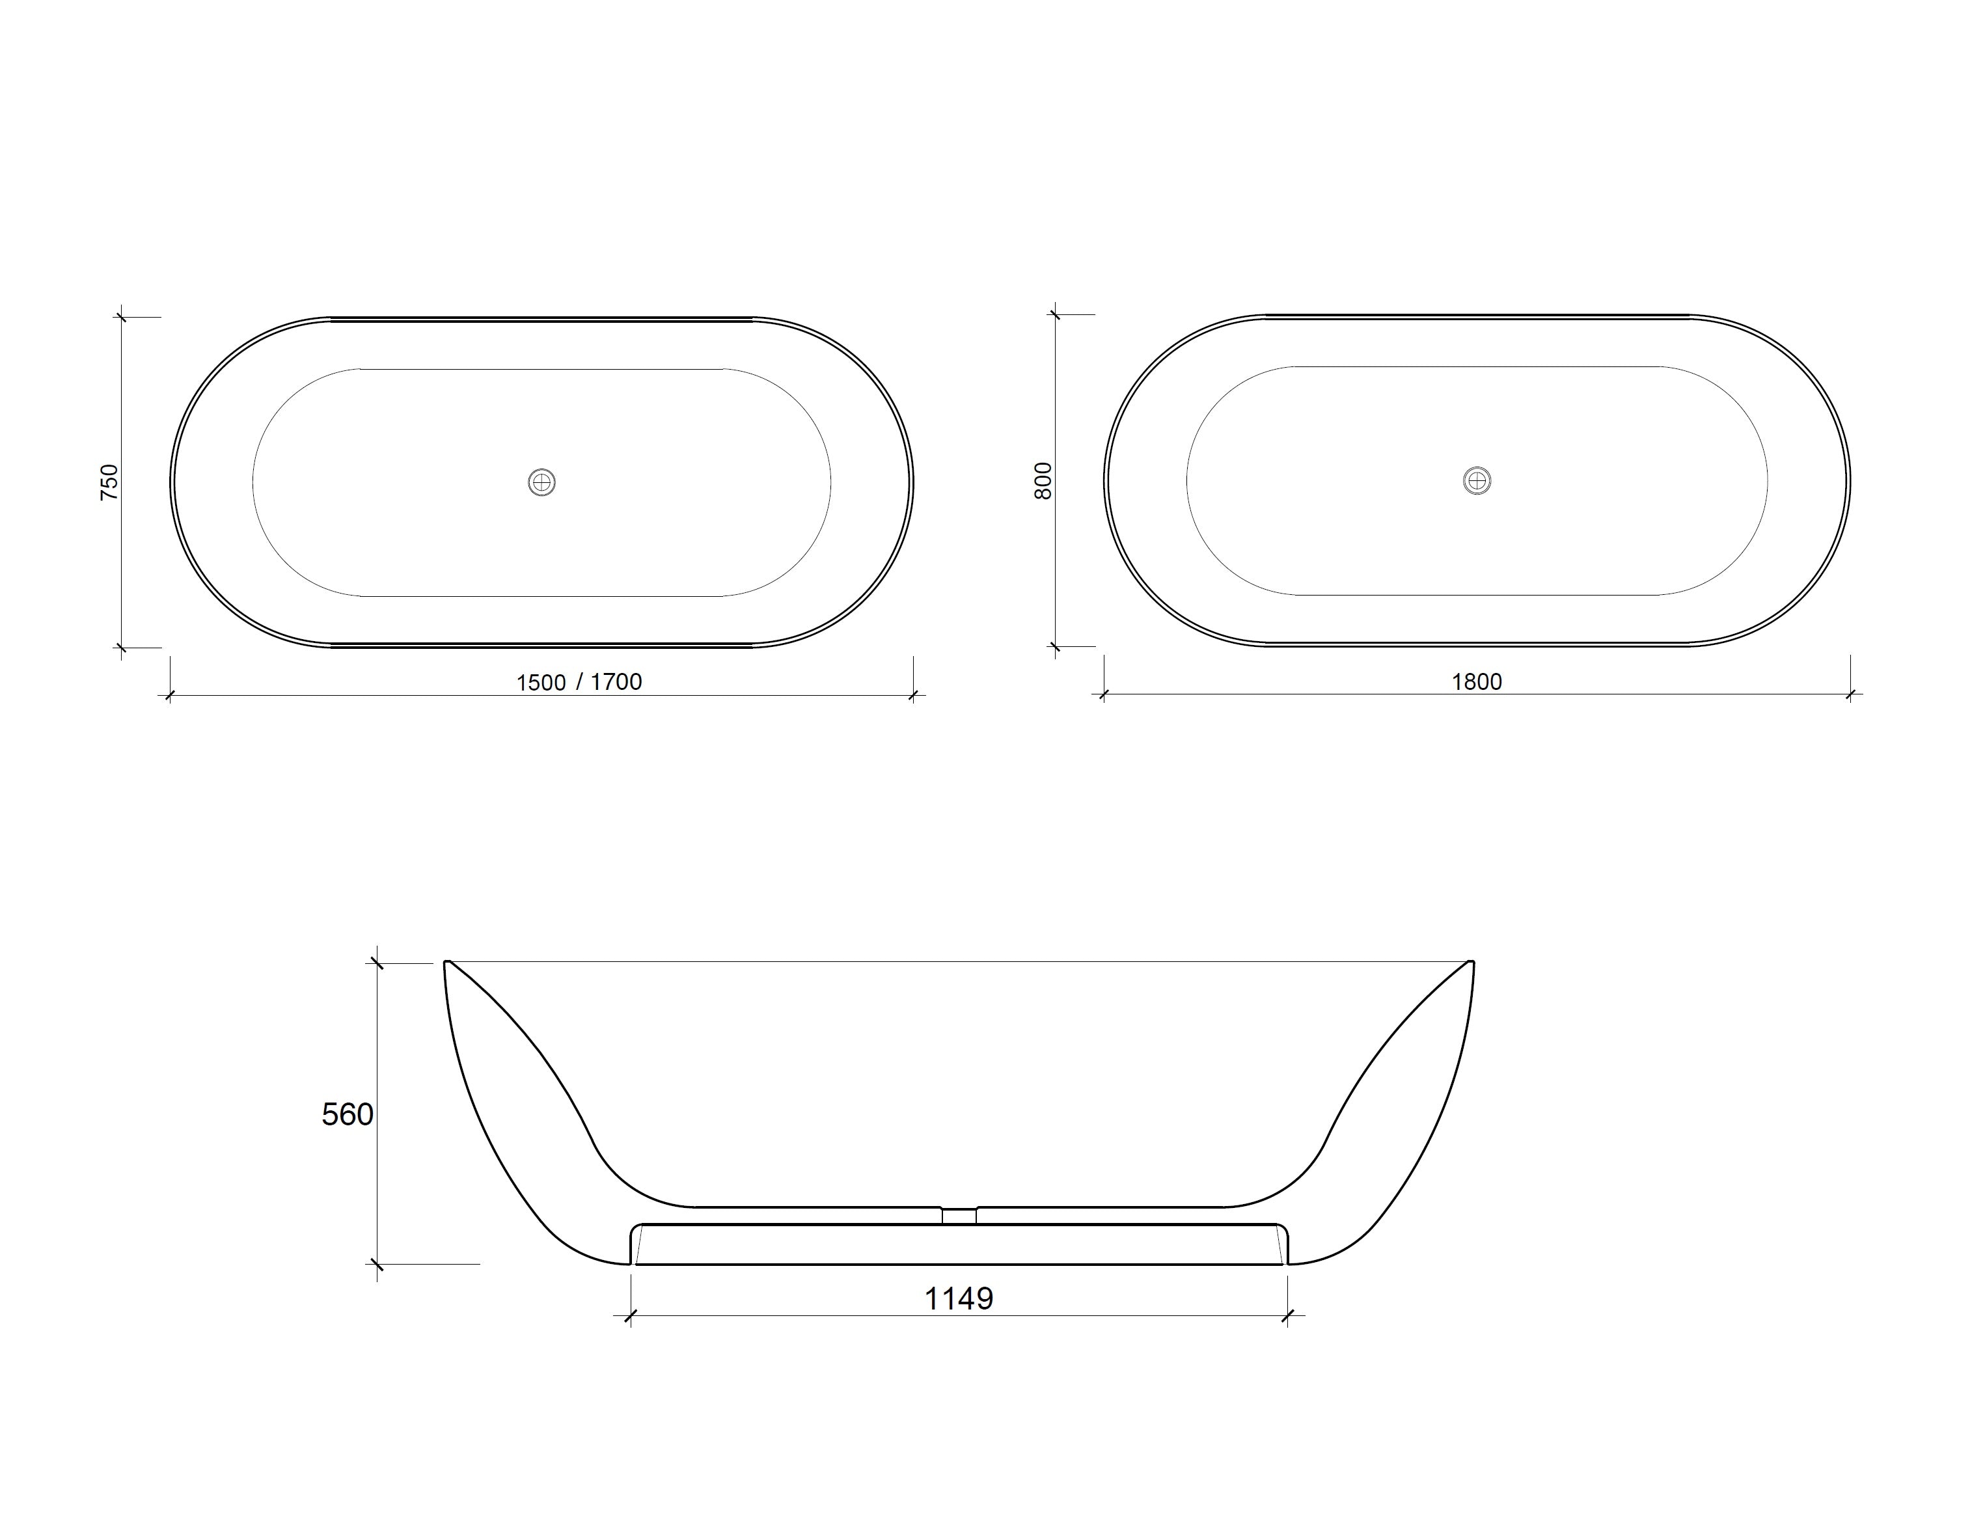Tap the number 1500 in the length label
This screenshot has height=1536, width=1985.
tap(541, 683)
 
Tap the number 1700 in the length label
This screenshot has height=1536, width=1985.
tap(616, 681)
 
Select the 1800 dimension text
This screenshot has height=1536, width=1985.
tap(1476, 681)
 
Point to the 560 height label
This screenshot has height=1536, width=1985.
tap(347, 1114)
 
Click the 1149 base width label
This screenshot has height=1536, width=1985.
tap(959, 1299)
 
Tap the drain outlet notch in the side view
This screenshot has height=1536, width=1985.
tap(959, 1215)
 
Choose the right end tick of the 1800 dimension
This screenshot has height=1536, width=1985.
tap(1850, 695)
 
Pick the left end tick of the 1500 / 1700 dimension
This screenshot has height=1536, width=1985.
tap(169, 696)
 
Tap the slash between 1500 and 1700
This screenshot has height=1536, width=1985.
tap(579, 681)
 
